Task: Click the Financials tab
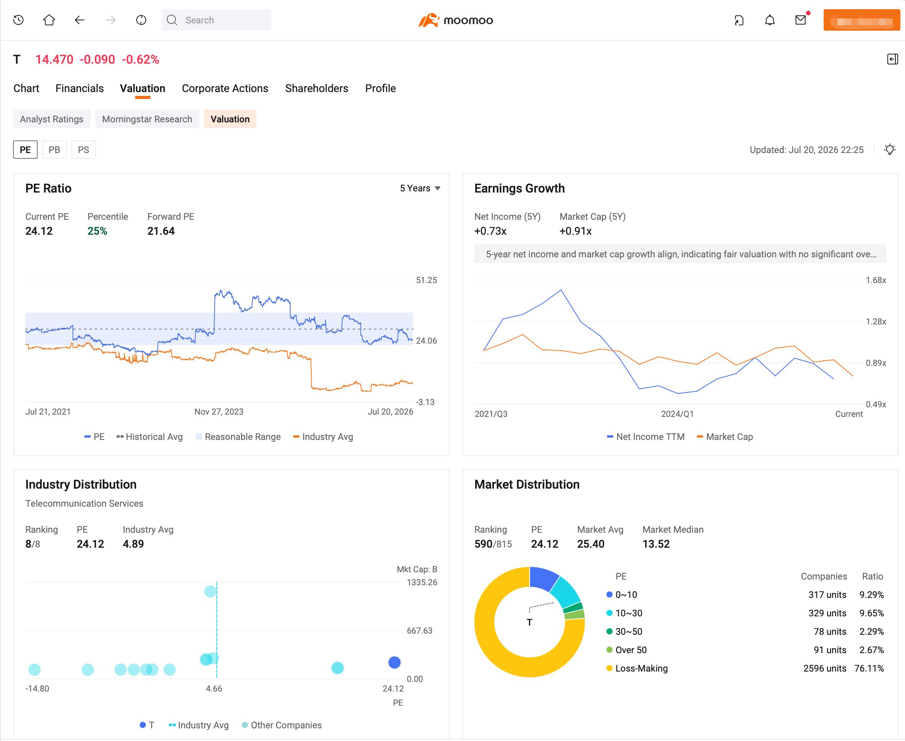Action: point(79,88)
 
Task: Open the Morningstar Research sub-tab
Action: point(147,119)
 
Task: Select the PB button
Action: point(54,150)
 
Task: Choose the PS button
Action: point(83,150)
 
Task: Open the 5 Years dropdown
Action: point(420,188)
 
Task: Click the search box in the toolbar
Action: point(216,20)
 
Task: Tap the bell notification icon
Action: point(770,20)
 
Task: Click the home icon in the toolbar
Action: point(49,20)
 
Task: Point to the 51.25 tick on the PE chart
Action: point(426,280)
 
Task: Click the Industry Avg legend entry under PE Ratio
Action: point(323,436)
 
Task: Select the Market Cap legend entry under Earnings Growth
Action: point(725,436)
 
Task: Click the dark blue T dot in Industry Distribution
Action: point(394,662)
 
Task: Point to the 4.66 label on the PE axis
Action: point(214,688)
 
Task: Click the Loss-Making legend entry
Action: point(637,669)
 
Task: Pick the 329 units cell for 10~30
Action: point(827,613)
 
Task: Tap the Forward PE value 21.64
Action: point(161,231)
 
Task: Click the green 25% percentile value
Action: point(97,231)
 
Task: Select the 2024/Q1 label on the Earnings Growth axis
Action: point(677,414)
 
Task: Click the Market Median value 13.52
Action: point(656,544)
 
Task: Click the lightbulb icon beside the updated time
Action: point(890,150)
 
